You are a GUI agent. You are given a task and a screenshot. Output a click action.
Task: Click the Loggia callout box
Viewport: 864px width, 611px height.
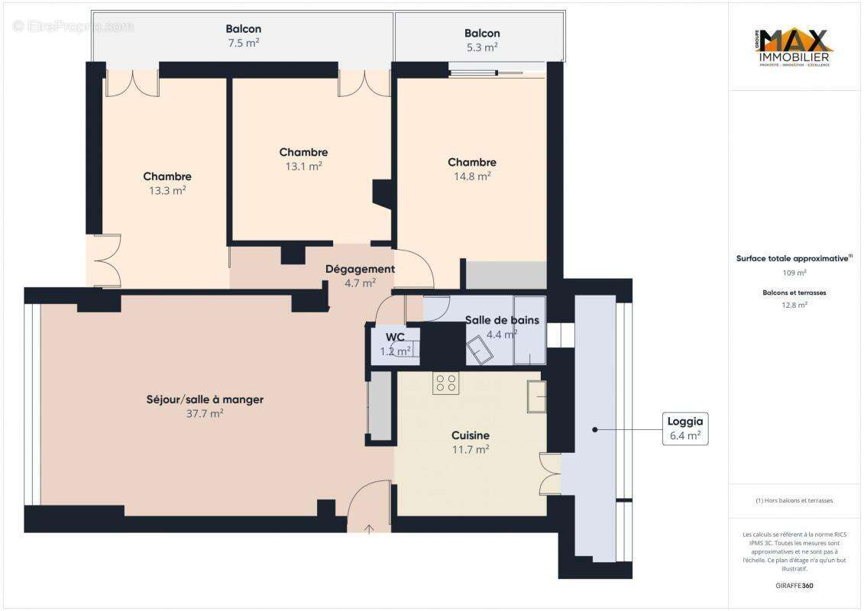pos(685,428)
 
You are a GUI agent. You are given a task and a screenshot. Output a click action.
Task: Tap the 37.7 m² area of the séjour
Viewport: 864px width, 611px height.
pos(205,414)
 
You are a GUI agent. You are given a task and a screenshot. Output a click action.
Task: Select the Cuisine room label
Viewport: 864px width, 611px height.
pos(470,435)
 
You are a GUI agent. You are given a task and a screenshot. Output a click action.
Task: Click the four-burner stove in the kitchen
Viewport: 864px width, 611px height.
pos(446,383)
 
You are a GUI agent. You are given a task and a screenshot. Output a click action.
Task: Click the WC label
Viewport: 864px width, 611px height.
pos(395,337)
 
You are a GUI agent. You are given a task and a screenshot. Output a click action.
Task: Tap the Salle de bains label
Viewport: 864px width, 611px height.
pos(502,320)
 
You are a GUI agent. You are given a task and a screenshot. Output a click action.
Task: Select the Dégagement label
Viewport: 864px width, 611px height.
pos(360,269)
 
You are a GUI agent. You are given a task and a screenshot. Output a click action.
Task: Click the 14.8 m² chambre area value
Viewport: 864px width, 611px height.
pos(471,176)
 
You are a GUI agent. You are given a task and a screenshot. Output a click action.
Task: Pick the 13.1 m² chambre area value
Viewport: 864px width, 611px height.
pos(303,166)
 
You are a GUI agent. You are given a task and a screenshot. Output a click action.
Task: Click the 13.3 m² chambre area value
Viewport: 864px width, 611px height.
pos(167,191)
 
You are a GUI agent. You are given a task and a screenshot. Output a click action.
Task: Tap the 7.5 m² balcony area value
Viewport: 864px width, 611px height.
pos(243,43)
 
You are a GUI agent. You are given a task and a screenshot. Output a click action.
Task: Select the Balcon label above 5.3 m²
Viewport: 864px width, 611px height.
pos(482,33)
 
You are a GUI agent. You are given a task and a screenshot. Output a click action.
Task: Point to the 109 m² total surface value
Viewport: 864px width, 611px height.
pos(794,273)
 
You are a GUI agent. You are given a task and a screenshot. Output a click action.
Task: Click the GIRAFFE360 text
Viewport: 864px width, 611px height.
pos(794,586)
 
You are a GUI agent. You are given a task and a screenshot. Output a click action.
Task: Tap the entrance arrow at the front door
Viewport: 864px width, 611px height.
pos(370,528)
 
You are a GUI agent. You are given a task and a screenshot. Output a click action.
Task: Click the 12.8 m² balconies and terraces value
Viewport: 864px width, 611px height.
pos(794,305)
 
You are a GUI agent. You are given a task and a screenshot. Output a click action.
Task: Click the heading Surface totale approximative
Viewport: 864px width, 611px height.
pos(792,258)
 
